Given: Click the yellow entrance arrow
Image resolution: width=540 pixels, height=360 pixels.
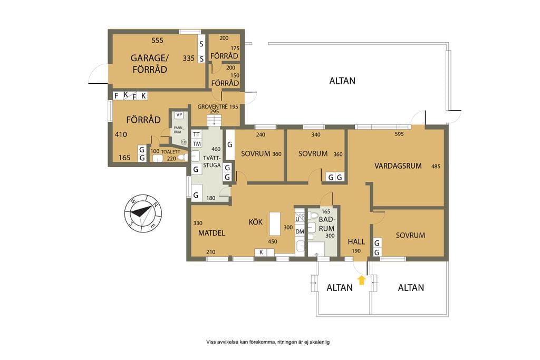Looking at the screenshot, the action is [x=361, y=280].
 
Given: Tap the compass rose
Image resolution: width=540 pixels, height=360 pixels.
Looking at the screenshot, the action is [x=143, y=213].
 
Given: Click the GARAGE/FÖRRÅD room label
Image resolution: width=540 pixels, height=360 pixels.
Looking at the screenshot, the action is [x=149, y=63].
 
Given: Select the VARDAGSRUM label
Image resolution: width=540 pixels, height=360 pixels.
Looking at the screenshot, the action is [x=398, y=166].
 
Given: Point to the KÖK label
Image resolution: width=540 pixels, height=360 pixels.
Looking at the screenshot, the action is [x=256, y=222].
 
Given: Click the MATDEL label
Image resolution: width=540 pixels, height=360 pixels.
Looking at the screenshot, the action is [x=211, y=233].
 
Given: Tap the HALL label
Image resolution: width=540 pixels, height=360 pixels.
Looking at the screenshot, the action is [x=356, y=241].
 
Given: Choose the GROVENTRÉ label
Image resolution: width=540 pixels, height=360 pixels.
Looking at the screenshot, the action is [x=213, y=106].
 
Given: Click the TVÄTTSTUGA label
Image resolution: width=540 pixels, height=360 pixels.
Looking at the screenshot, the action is [x=212, y=161].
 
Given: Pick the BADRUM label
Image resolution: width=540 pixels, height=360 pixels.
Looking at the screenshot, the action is [x=326, y=223].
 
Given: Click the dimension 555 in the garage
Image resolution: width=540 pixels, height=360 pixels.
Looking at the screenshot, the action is [x=157, y=41].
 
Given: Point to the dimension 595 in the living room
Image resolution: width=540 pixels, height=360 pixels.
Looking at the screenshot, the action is [x=399, y=134].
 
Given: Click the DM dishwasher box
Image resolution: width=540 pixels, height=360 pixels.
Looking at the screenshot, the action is [x=300, y=231].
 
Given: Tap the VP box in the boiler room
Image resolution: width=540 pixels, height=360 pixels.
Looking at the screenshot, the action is [x=179, y=114].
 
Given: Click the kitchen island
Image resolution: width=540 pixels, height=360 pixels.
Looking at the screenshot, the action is [x=275, y=223].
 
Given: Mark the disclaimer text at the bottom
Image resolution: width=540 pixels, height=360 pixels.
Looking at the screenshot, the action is [x=268, y=342].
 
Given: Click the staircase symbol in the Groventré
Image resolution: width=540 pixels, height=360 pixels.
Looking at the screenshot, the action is [x=214, y=121].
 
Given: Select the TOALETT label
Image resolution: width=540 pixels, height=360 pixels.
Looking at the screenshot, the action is [x=170, y=152].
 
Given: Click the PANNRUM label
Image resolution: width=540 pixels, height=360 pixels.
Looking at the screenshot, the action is [x=178, y=130].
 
